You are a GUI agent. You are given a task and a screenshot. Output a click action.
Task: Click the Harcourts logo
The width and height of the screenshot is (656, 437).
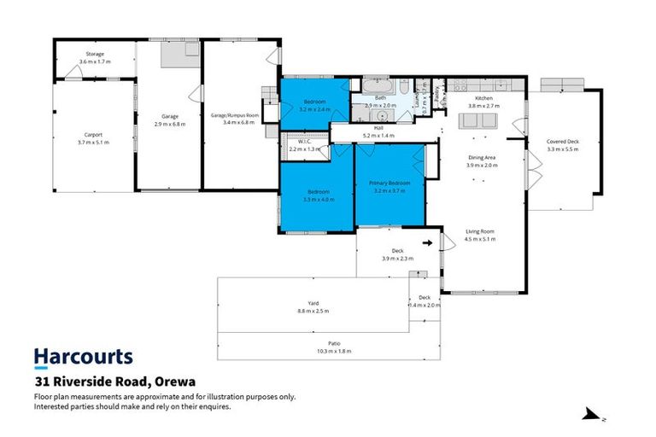pos(83,357)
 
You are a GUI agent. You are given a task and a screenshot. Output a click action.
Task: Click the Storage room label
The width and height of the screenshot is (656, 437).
pos(94,54)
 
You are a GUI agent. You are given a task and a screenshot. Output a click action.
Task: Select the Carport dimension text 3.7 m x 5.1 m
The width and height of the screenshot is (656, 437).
pos(94,142)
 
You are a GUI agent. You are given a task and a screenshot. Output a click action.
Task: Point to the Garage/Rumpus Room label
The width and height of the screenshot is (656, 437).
pos(234,115)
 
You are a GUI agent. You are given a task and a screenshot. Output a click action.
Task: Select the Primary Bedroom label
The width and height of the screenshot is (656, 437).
pos(389,184)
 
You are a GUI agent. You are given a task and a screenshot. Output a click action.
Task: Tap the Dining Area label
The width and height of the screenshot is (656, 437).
pos(483,158)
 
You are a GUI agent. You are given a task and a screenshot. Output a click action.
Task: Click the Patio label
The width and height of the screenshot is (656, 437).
pos(328,343)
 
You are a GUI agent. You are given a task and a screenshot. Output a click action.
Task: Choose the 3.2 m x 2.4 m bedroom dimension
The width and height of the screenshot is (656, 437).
pos(316,110)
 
